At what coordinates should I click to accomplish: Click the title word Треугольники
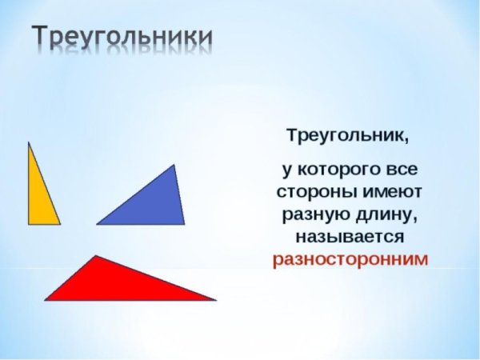tap(122, 38)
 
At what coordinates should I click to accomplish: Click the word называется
tap(348, 238)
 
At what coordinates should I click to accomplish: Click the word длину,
tap(382, 215)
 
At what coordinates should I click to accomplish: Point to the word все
tap(401, 170)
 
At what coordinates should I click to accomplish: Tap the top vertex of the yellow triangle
tap(29, 142)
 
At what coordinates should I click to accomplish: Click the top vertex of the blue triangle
tap(174, 165)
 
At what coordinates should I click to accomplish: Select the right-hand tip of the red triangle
tap(215, 300)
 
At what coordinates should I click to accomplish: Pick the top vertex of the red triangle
tap(96, 256)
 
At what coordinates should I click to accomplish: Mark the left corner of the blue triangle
tap(98, 224)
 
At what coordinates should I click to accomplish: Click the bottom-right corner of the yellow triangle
tap(59, 224)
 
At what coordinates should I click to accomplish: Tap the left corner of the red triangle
tap(46, 300)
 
